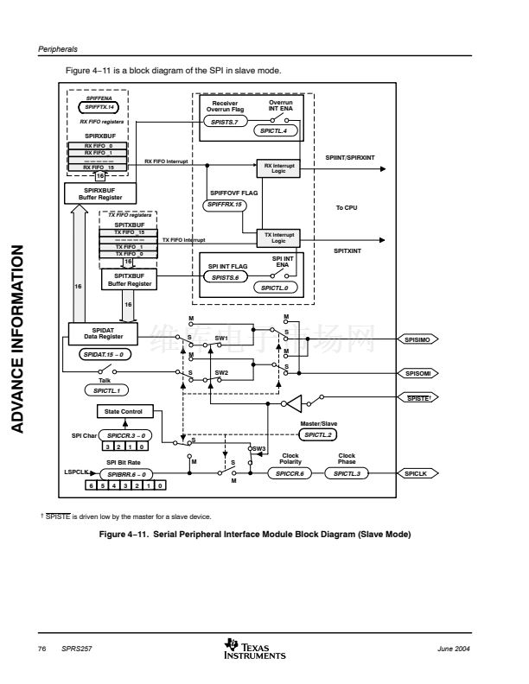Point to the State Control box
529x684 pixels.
point(123,411)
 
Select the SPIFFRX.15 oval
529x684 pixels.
point(226,205)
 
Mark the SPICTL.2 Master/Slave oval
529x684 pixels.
point(317,434)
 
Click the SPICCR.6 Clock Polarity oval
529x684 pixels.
point(290,473)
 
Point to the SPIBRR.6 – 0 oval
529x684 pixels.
point(126,473)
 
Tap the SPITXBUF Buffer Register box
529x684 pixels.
point(128,279)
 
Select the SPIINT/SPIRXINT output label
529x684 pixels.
point(348,159)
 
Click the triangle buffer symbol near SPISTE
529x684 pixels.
point(294,402)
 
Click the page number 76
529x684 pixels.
point(41,648)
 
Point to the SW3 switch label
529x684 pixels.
point(259,449)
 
